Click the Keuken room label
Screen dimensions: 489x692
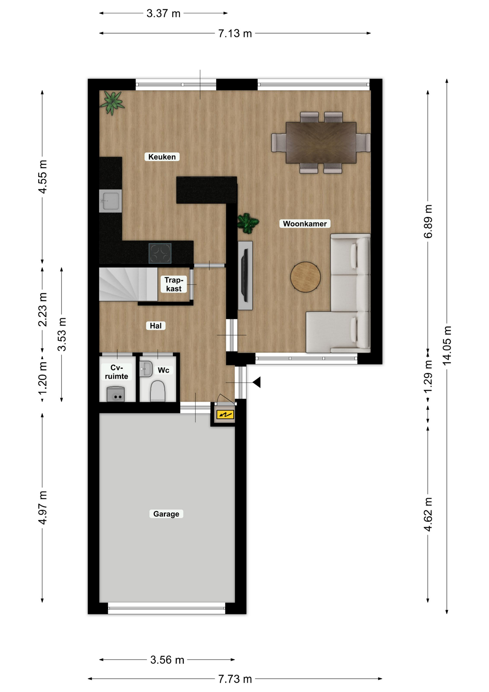(x=162, y=157)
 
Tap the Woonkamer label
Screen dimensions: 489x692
(x=305, y=224)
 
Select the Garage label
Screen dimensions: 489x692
(x=166, y=514)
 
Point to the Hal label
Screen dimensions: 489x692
(x=156, y=326)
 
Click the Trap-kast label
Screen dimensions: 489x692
(x=174, y=284)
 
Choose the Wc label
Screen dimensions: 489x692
(x=163, y=370)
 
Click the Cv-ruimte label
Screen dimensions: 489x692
(x=116, y=372)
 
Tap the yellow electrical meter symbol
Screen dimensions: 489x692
(x=225, y=415)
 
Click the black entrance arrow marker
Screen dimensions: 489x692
(x=257, y=382)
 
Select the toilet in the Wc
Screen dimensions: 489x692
(x=157, y=391)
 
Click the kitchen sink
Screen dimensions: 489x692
(x=110, y=201)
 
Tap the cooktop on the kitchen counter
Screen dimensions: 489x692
(x=160, y=253)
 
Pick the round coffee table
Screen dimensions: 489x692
(x=305, y=277)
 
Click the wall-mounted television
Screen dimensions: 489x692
(x=246, y=276)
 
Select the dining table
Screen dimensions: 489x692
(x=321, y=143)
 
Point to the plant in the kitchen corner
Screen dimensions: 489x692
(x=112, y=102)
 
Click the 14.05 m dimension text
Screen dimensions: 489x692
(x=447, y=346)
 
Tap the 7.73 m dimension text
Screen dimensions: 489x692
(x=235, y=679)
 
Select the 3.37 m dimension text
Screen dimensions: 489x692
(x=163, y=14)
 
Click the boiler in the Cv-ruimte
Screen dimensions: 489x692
(x=116, y=394)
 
